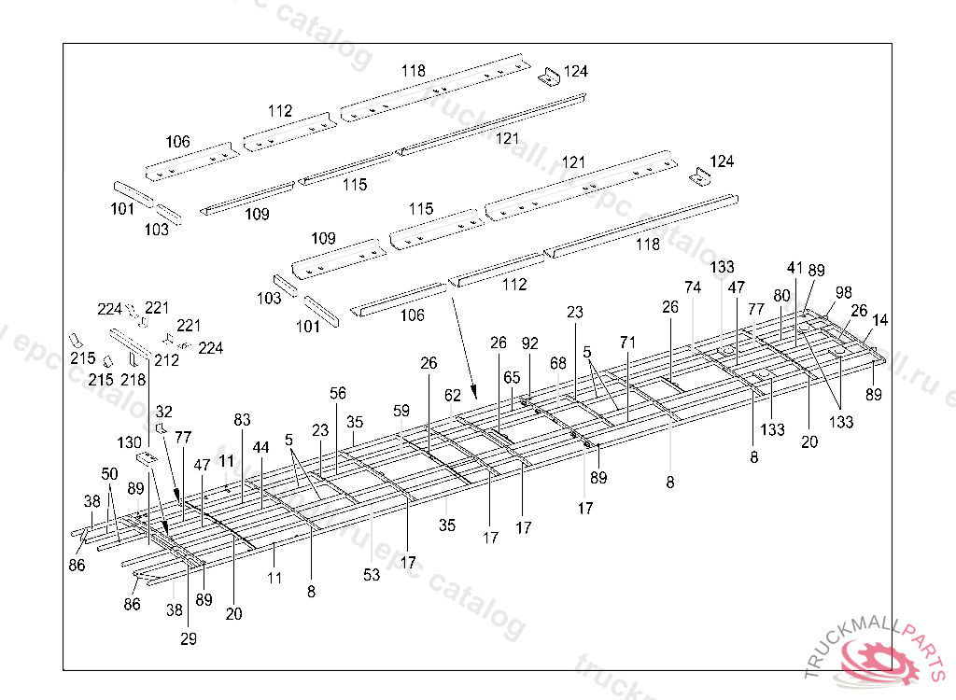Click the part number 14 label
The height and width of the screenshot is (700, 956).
[879, 320]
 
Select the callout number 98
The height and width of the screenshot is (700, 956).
[843, 292]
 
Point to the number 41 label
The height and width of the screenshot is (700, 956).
[794, 268]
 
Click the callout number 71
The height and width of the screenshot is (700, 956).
[627, 342]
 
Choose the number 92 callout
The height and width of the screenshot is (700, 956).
[530, 343]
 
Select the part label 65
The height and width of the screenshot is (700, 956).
[512, 378]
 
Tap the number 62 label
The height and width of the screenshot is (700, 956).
[453, 396]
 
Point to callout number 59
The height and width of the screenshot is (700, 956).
[401, 411]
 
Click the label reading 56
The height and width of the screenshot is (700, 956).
[337, 393]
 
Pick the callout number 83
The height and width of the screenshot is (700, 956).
[243, 421]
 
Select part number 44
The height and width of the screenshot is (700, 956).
[260, 448]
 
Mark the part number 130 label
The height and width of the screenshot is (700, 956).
[130, 442]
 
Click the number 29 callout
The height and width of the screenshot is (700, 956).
[190, 638]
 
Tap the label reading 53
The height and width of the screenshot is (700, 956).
[372, 576]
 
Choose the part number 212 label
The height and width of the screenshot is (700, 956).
[167, 360]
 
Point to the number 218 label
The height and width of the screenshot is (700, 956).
[133, 380]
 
